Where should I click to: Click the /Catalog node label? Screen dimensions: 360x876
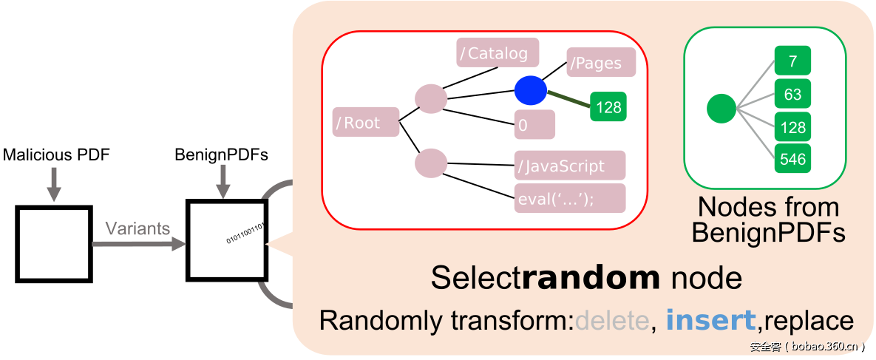498,53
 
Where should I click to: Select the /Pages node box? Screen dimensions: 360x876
601,63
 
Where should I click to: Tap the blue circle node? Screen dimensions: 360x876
530,90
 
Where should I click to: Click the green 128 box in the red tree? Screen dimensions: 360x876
608,107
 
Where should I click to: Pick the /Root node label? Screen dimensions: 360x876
366,123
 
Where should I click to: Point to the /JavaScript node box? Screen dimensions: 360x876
570,166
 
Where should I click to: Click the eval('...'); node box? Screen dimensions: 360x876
570,198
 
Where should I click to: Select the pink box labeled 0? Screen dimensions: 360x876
534,125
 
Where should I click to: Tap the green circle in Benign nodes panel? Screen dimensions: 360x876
721,109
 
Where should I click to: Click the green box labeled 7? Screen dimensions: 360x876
792,61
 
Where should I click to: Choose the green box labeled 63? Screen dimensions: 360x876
792,94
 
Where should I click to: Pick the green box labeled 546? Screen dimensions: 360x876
792,158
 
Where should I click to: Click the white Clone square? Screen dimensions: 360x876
54,244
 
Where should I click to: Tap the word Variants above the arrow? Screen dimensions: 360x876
137,228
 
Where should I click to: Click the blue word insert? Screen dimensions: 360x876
710,320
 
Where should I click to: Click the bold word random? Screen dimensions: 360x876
591,278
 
